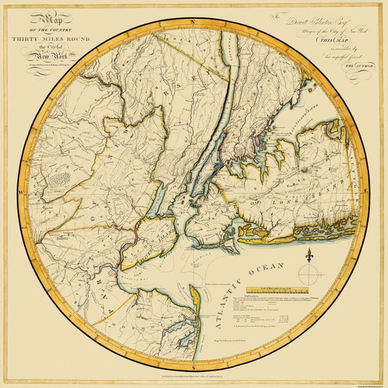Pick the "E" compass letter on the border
(366, 193)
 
